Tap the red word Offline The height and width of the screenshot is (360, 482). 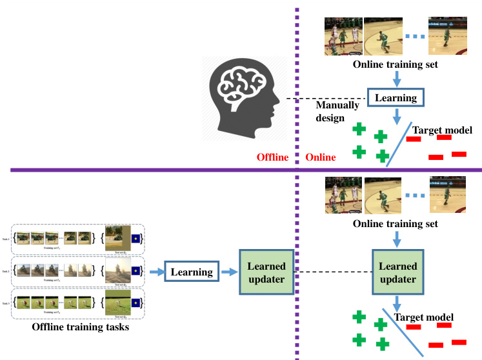[x=272, y=157]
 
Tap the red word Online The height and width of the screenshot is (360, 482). [x=320, y=157]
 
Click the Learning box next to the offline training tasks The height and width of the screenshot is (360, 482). [x=191, y=272]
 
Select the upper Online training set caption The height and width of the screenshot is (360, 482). [x=395, y=65]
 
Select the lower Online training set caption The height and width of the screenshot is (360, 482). [x=395, y=224]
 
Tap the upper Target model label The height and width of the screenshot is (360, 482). [x=442, y=130]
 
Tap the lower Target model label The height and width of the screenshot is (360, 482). [x=424, y=317]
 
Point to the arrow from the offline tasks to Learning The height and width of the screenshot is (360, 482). [x=156, y=272]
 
